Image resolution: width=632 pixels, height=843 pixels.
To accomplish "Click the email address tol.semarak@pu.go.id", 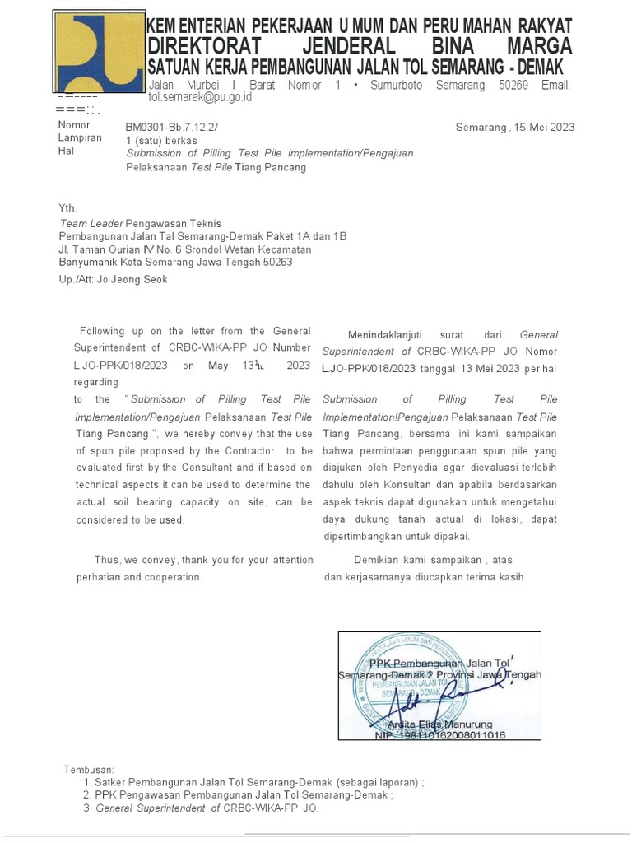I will click(200, 97).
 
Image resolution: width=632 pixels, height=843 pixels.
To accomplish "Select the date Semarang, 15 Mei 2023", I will click(515, 127).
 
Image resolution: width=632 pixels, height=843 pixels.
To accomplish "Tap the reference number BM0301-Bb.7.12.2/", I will click(173, 127).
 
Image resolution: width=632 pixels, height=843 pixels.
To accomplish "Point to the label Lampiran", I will click(80, 138).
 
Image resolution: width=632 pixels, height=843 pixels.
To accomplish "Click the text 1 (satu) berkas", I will click(161, 140).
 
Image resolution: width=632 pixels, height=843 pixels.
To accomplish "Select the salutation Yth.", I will click(67, 208).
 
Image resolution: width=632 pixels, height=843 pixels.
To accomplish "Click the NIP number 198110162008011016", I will click(440, 734).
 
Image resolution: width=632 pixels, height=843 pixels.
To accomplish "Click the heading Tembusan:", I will click(90, 769).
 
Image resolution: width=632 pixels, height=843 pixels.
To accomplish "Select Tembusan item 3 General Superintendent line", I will click(207, 808).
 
